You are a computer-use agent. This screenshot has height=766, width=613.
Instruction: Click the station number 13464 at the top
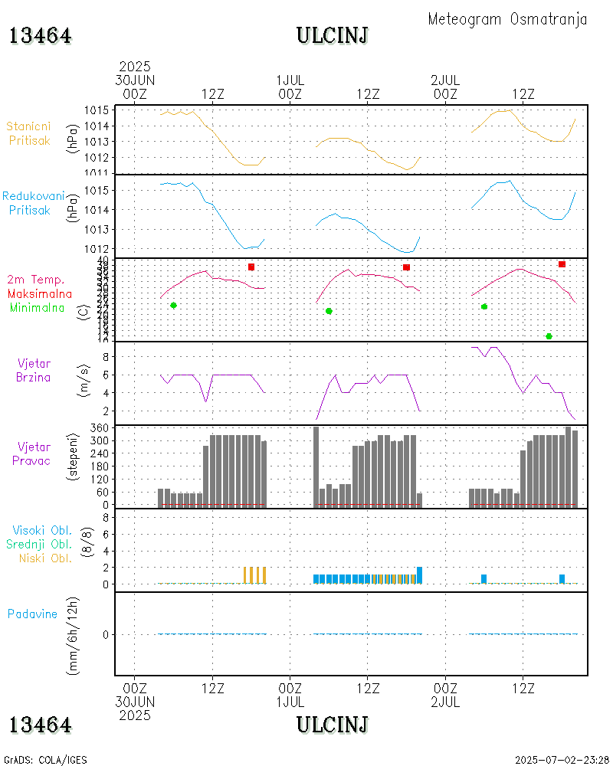[41, 36]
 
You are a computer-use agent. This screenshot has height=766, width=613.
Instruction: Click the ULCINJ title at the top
[333, 36]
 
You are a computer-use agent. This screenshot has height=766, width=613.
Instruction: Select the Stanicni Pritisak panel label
[30, 133]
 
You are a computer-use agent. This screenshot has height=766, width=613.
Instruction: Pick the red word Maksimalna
[40, 293]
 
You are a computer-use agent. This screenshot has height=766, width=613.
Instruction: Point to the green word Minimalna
[38, 307]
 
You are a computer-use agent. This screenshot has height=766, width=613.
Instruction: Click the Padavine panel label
[32, 614]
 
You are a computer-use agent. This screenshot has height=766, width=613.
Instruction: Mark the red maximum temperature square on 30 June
[251, 267]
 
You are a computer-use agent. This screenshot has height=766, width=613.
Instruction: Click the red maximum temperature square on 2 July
[562, 264]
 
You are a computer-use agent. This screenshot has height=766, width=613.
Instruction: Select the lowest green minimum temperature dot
[549, 336]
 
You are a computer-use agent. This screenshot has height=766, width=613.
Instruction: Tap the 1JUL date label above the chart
[290, 80]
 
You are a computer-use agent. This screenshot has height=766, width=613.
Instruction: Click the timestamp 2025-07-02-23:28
[562, 760]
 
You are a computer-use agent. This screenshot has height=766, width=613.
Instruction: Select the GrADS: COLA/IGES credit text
[45, 760]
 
